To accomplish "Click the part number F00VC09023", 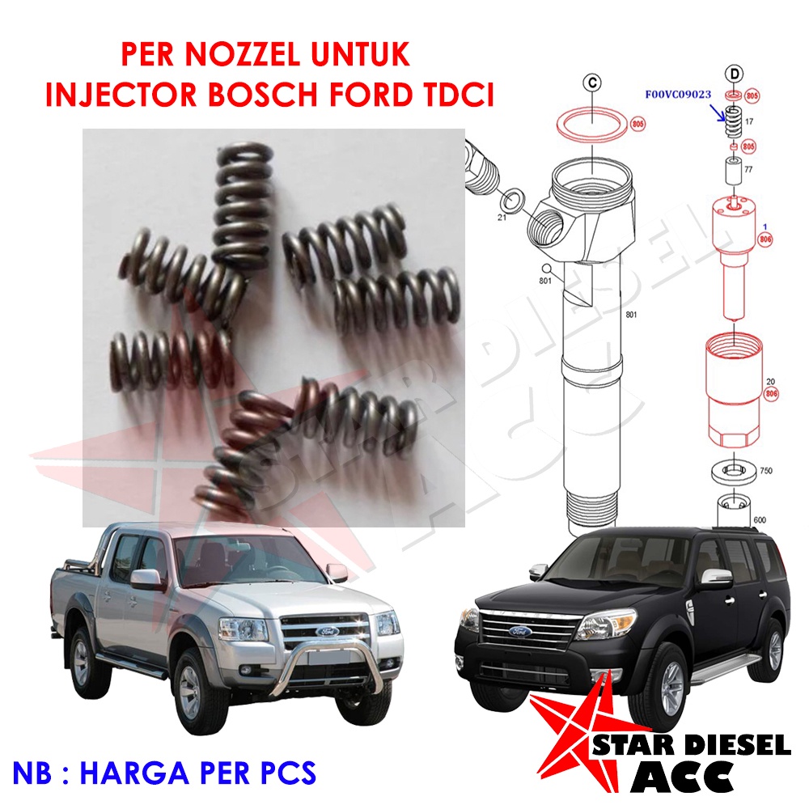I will click(678, 94).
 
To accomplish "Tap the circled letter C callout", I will click(592, 82).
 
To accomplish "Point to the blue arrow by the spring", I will click(718, 112).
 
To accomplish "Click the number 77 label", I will click(749, 169).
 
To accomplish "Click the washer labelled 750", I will click(731, 469).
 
